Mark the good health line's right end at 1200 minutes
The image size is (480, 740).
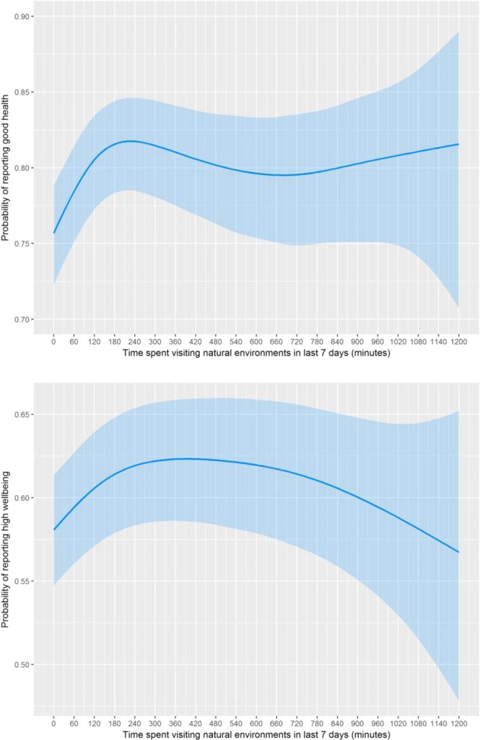[458, 145]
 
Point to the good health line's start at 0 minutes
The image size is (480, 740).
[53, 233]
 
